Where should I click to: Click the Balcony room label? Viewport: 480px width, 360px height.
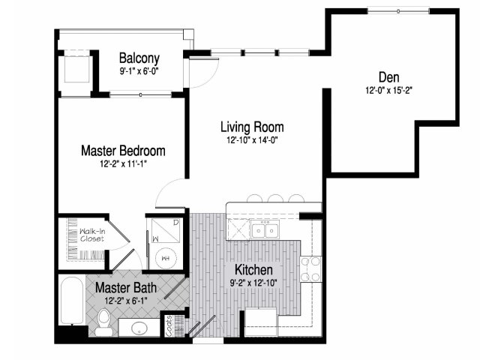[139, 58]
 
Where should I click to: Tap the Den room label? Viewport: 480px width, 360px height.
[388, 77]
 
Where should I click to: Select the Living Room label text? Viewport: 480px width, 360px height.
[252, 127]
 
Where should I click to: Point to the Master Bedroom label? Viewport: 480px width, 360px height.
[123, 151]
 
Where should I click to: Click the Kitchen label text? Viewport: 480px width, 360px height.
[253, 270]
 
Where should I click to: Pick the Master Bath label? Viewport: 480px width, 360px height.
[126, 288]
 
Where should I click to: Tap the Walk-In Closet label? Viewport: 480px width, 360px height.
[92, 235]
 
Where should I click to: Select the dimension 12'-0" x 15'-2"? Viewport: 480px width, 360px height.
[388, 91]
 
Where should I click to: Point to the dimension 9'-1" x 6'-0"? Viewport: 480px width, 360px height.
[139, 72]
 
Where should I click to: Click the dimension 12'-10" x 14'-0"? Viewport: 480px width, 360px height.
[252, 140]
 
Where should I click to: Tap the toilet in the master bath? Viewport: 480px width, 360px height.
[104, 322]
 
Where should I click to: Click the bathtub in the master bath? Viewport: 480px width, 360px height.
[72, 300]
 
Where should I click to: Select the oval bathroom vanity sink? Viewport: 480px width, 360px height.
[139, 328]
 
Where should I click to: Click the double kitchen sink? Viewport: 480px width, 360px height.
[265, 230]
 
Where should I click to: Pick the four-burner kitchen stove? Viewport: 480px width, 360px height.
[310, 269]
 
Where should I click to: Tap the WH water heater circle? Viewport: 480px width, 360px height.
[166, 258]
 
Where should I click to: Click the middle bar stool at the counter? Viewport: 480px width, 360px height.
[275, 198]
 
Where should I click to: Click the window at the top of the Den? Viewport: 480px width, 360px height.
[398, 11]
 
